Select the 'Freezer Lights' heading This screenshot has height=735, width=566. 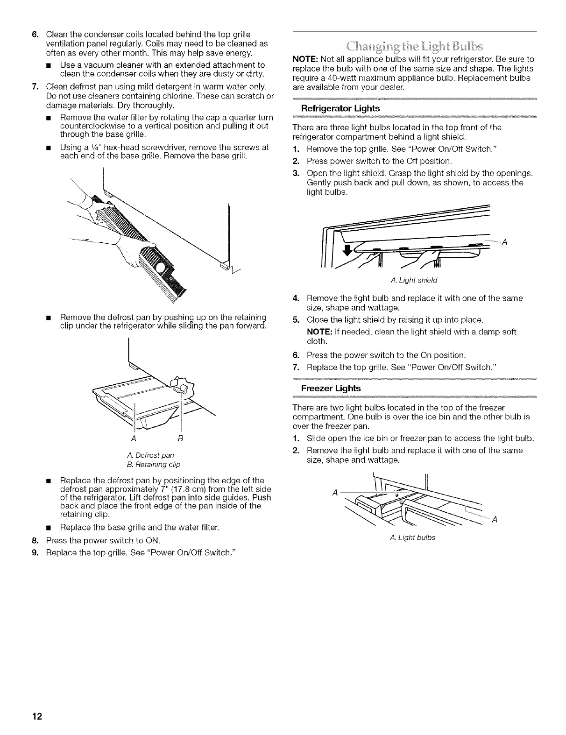[x=331, y=389]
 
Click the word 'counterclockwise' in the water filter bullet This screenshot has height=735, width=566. [x=89, y=126]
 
